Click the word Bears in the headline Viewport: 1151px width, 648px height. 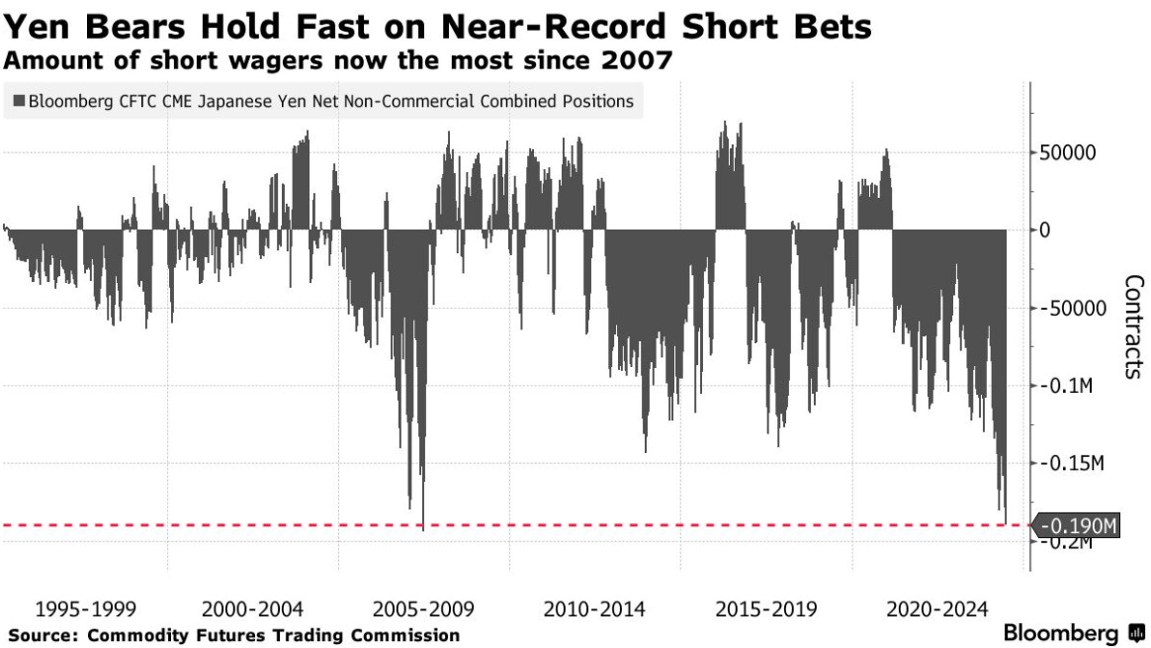[130, 27]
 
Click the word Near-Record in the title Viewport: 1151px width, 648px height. [561, 27]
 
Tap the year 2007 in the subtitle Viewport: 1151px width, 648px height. [638, 60]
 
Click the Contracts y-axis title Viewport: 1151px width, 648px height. [1133, 326]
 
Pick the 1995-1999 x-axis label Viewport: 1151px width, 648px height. [85, 607]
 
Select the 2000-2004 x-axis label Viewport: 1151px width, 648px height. [251, 607]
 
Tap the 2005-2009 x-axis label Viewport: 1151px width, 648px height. [423, 607]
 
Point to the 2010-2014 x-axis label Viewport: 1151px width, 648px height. [594, 607]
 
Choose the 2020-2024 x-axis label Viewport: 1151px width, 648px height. [935, 607]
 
